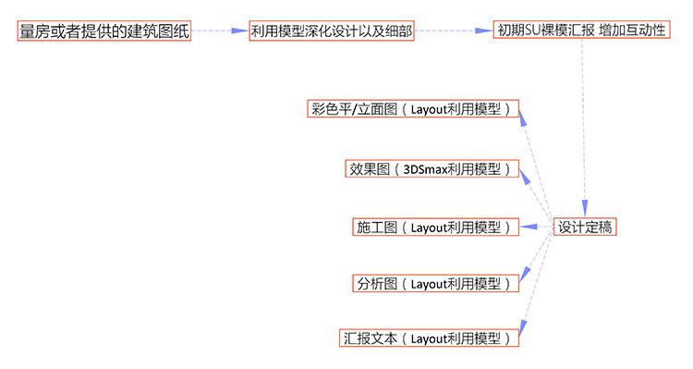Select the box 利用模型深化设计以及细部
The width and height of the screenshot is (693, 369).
tap(331, 31)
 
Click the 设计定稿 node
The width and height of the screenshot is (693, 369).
tap(586, 226)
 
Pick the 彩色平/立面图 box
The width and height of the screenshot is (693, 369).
tap(413, 109)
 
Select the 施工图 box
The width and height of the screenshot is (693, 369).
tap(435, 227)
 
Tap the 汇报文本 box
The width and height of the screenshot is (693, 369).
tap(428, 338)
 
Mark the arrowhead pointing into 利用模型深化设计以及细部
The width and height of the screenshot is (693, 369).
tap(239, 31)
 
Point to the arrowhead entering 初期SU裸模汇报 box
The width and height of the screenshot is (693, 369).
tap(483, 31)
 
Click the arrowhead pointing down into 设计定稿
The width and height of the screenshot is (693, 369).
tap(584, 209)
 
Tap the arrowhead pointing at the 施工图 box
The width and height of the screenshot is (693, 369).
tap(527, 227)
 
